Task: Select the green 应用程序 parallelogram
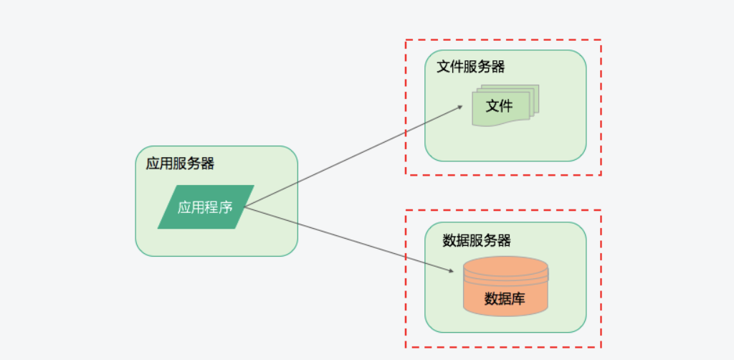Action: tap(206, 207)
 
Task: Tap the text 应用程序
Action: tap(205, 208)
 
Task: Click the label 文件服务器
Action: tap(471, 67)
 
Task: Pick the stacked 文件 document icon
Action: tap(505, 107)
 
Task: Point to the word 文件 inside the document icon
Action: tap(500, 106)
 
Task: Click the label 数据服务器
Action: tap(477, 241)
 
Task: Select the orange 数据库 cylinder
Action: tap(505, 286)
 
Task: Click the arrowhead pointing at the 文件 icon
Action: tap(460, 108)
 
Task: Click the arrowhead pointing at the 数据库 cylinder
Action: tap(451, 271)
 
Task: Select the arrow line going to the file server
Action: tap(351, 158)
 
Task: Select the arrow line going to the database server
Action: tap(348, 239)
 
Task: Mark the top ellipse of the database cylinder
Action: tap(505, 265)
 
